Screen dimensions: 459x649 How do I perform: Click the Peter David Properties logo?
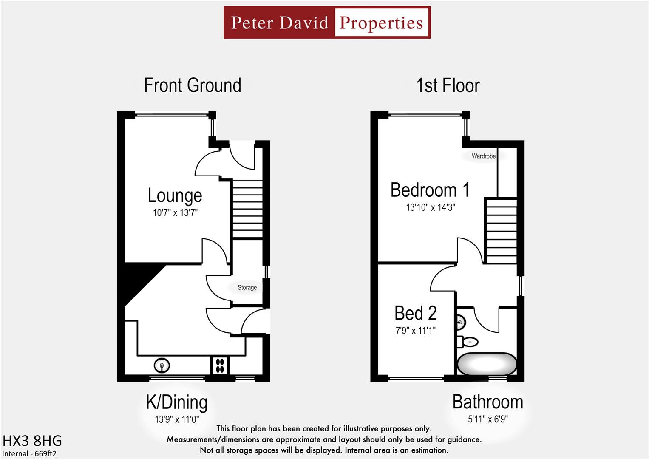point(327,23)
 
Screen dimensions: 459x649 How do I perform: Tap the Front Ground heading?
point(193,85)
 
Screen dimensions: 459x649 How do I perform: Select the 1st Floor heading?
point(448,85)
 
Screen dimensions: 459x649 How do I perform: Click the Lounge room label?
point(175,195)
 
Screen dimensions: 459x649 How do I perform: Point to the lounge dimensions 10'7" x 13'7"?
point(175,212)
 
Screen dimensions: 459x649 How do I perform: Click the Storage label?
point(247,288)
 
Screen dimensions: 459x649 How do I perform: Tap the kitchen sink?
point(162,365)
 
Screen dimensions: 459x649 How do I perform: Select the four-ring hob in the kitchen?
point(220,365)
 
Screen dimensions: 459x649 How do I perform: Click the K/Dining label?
point(176,402)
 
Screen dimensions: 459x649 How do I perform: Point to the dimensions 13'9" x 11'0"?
point(177,419)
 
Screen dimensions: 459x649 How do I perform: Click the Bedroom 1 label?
point(430,190)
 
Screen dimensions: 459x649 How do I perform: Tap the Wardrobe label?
point(483,156)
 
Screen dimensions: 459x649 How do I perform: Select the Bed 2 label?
point(415,313)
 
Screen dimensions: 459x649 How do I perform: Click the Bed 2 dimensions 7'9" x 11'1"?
point(415,330)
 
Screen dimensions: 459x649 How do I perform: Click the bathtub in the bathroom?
point(487,364)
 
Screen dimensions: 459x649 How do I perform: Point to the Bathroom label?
point(487,402)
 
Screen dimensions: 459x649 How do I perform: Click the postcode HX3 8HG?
point(32,440)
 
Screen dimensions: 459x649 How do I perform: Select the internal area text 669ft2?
point(30,453)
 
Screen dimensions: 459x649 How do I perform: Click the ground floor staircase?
point(247,209)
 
